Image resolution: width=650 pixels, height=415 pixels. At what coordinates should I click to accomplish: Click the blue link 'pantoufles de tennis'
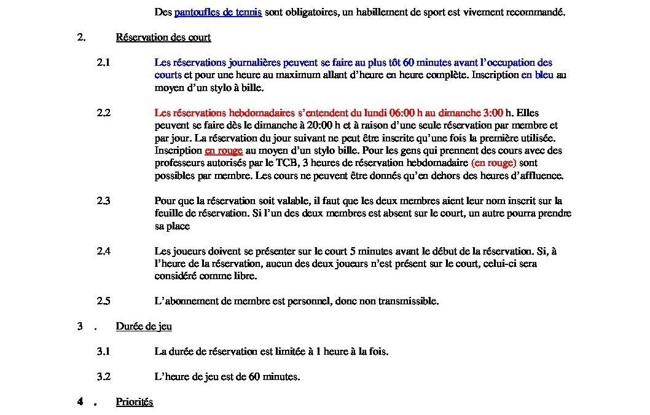(x=218, y=12)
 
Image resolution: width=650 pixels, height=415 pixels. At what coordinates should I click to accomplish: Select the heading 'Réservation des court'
(x=163, y=38)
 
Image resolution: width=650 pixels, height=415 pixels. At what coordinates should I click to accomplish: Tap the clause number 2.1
(x=103, y=62)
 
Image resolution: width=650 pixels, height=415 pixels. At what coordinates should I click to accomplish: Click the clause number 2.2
(x=103, y=113)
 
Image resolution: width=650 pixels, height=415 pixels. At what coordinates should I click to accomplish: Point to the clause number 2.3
(x=103, y=200)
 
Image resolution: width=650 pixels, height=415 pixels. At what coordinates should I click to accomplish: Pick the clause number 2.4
(x=103, y=251)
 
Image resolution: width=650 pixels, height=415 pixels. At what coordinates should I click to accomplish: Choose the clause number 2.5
(x=103, y=301)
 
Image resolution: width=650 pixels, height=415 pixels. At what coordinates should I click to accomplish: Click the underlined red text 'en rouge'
(x=224, y=151)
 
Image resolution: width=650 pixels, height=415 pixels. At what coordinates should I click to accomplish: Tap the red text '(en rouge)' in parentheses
(x=494, y=163)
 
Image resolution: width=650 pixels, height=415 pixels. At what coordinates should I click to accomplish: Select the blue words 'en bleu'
(x=538, y=75)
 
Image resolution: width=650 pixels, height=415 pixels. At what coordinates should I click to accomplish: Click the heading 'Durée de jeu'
(x=144, y=326)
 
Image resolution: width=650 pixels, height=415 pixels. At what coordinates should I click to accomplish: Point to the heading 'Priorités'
(x=135, y=402)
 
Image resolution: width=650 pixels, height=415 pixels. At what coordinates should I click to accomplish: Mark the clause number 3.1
(x=103, y=352)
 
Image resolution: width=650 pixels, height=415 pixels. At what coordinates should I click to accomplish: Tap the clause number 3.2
(x=103, y=377)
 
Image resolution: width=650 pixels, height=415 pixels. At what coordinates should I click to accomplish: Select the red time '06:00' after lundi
(x=402, y=113)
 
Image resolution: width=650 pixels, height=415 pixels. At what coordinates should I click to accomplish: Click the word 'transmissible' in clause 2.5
(x=409, y=301)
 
